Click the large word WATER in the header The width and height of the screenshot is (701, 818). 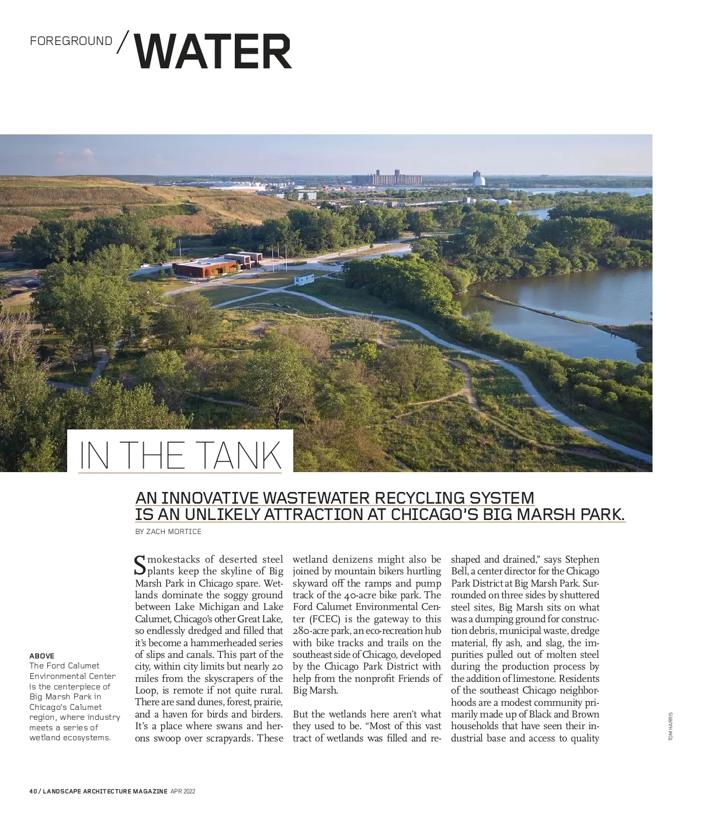point(213,51)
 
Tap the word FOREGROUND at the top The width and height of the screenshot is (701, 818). point(71,41)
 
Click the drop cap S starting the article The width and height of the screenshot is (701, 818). point(140,565)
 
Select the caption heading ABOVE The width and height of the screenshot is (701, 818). point(41,656)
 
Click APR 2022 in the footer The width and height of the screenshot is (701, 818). point(183,792)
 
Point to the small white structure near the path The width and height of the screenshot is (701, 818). point(304,279)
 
